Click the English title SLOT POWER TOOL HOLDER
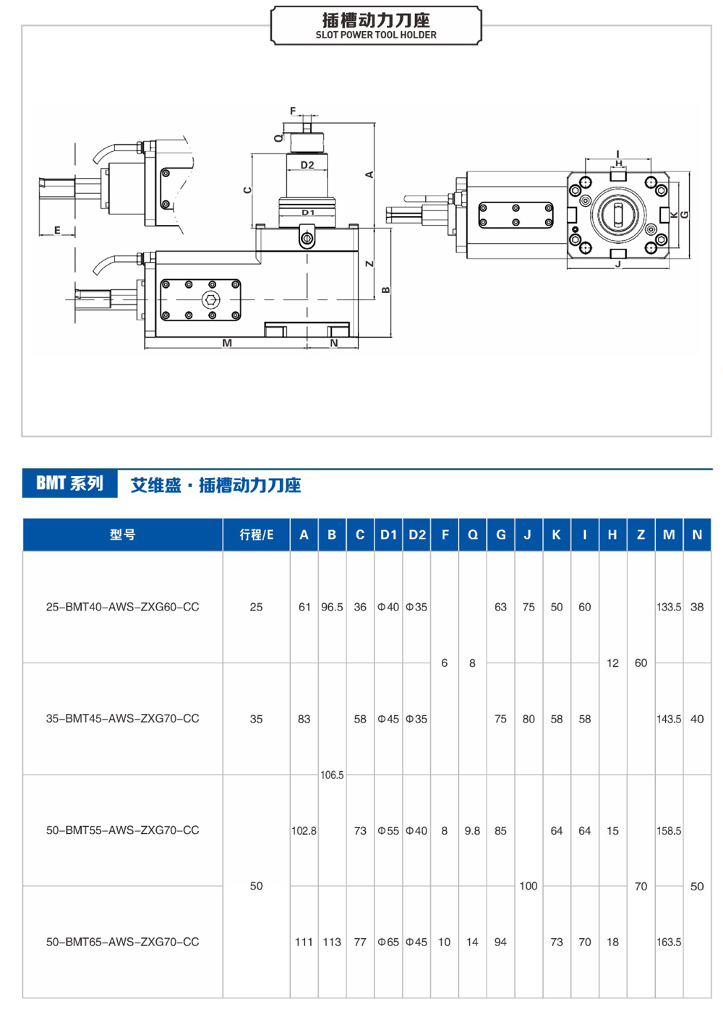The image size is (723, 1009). pyautogui.click(x=375, y=35)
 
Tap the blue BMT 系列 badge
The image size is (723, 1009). pyautogui.click(x=70, y=483)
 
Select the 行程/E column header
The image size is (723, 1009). pyautogui.click(x=256, y=535)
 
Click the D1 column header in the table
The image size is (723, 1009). pyautogui.click(x=388, y=535)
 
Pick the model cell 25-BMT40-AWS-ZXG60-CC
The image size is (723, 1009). pyautogui.click(x=122, y=607)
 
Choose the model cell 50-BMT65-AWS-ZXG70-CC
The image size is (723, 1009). pyautogui.click(x=122, y=942)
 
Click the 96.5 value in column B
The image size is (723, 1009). pyautogui.click(x=332, y=607)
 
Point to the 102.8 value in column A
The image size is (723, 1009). pyautogui.click(x=304, y=830)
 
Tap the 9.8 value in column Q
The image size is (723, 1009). pyautogui.click(x=472, y=830)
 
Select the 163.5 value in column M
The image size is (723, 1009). pyautogui.click(x=669, y=942)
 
